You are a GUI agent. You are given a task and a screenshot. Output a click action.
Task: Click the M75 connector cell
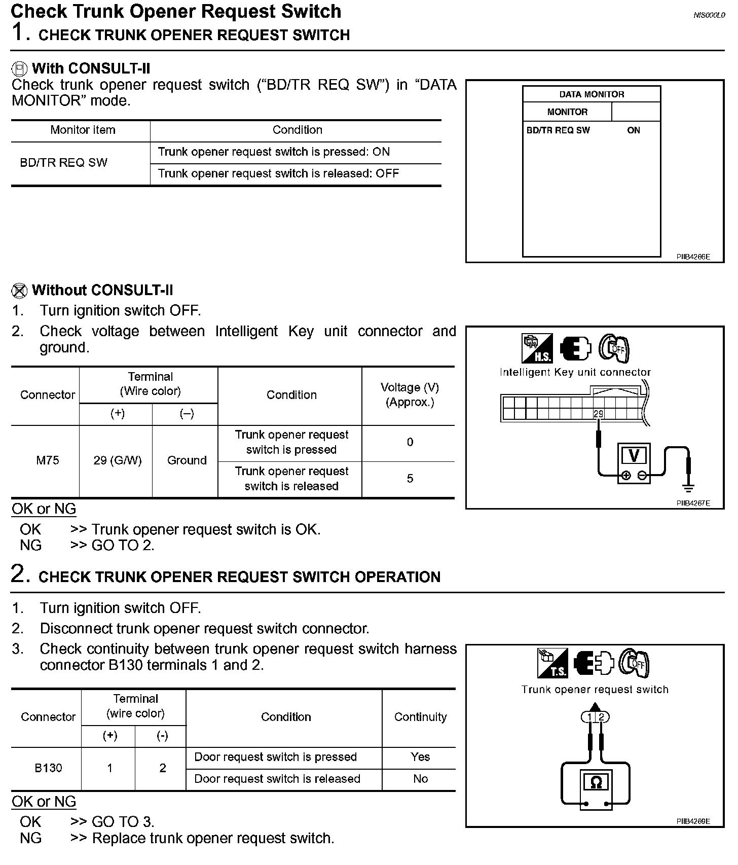[47, 460]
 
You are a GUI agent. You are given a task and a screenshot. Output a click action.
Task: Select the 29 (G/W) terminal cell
[117, 460]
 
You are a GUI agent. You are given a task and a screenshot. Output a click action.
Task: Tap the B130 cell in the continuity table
[48, 768]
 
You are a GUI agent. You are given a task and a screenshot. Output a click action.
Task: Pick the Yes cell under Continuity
[420, 757]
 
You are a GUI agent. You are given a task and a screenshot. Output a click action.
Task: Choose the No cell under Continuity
[420, 779]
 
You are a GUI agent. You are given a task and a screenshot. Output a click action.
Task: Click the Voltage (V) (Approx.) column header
[410, 395]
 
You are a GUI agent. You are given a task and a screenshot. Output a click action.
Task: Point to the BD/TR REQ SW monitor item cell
[64, 163]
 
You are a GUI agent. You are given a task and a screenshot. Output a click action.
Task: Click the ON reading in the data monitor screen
[633, 130]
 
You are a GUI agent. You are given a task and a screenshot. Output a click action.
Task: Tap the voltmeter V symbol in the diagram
[634, 456]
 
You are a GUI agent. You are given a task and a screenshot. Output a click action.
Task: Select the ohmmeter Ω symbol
[596, 782]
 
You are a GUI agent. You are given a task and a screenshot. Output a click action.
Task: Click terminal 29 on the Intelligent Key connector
[598, 414]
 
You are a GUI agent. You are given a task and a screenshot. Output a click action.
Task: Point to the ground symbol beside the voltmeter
[688, 488]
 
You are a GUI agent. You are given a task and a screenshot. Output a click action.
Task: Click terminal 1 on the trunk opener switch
[589, 717]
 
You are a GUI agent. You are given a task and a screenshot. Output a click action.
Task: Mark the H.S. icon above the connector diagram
[537, 348]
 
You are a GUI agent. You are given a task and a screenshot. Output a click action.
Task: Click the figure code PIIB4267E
[693, 503]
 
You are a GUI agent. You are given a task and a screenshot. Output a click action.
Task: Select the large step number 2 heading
[18, 574]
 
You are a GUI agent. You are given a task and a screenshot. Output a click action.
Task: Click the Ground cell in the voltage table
[187, 460]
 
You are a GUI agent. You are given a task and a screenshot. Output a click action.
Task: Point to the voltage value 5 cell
[410, 479]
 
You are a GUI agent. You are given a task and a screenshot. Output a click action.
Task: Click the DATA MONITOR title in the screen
[592, 94]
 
